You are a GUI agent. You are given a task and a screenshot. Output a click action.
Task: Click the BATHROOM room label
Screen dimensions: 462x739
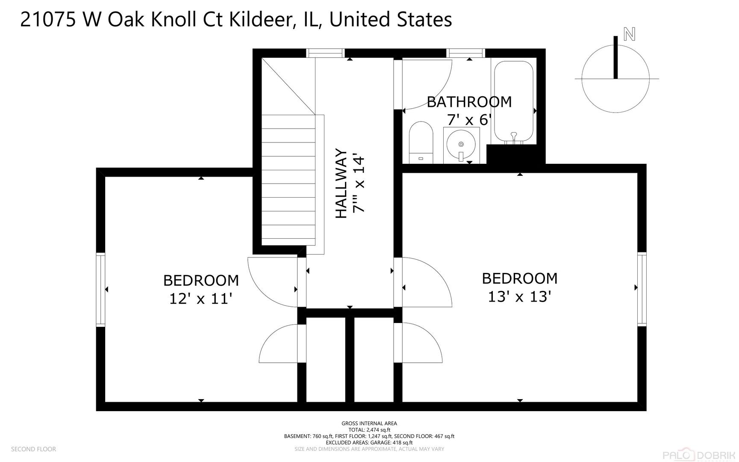(x=469, y=102)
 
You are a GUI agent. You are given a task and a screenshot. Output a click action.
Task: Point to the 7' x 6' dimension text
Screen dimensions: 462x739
(x=469, y=120)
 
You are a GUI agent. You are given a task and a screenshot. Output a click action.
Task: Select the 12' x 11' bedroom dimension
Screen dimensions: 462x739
(x=200, y=298)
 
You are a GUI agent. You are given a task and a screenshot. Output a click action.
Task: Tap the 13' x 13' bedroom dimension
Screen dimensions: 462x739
(x=519, y=296)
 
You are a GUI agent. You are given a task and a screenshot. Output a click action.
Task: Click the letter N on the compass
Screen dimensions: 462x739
(x=629, y=34)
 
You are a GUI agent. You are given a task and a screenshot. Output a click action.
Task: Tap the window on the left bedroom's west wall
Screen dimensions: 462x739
(x=100, y=290)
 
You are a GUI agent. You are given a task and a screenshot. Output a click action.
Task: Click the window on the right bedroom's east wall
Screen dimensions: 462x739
(x=642, y=290)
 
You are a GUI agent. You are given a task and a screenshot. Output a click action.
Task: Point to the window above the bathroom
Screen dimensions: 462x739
(x=466, y=53)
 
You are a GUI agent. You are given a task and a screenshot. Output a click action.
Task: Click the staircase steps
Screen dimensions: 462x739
(x=288, y=180)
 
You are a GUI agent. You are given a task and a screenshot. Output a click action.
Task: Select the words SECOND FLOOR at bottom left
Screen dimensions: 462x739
(x=33, y=449)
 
